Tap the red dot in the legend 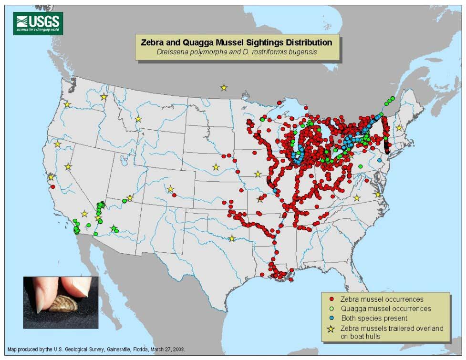[x=331, y=299]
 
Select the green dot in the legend [x=331, y=309]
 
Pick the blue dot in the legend [x=331, y=318]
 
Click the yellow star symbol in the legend [x=331, y=329]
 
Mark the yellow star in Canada [x=224, y=87]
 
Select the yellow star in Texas [x=232, y=238]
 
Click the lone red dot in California [x=53, y=187]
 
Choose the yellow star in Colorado [x=171, y=189]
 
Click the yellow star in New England [x=399, y=128]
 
